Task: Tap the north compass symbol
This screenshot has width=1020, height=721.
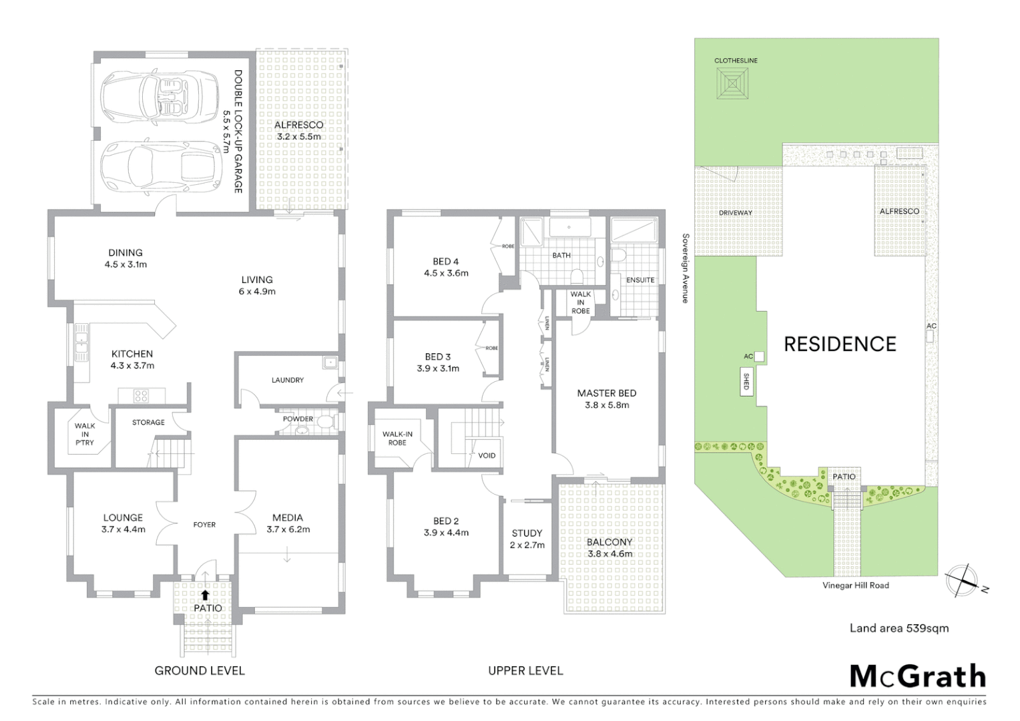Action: coord(961,580)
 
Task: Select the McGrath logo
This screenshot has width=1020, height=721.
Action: coord(917,676)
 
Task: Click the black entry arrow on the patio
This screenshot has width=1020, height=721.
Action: coord(205,593)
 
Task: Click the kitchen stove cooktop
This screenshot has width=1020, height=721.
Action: coord(141,396)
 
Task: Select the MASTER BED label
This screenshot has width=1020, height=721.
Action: coord(606,393)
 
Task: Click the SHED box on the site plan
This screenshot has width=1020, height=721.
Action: coord(746,383)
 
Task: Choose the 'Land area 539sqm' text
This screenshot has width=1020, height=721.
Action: coord(899,628)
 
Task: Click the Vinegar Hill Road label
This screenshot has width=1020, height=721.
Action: coord(855,585)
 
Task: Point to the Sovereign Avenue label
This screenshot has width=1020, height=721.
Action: coord(685,268)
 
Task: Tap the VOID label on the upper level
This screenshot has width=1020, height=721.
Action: coord(487,455)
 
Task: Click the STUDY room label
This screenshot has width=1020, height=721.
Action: coord(527,533)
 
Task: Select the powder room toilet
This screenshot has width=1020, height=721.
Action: coord(326,421)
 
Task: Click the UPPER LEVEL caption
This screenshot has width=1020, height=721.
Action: coord(525,670)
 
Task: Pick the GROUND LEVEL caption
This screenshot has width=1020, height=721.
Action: coord(200,670)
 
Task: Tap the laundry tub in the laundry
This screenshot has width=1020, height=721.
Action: coord(330,364)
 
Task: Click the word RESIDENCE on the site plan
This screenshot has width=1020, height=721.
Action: coord(840,344)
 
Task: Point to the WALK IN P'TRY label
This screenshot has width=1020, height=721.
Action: coord(85,434)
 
